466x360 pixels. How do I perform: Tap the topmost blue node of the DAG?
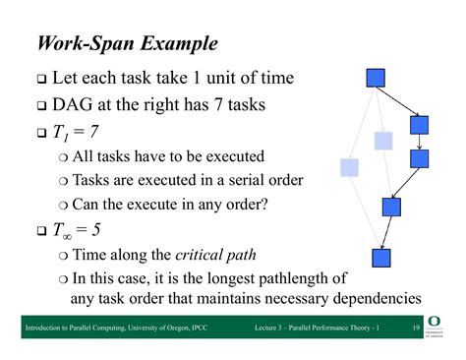point(375,78)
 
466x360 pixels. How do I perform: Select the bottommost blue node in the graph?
point(381,258)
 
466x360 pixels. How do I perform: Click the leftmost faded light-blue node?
point(349,167)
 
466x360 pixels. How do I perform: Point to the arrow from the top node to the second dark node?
point(398,101)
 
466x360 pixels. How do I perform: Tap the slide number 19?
point(417,327)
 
